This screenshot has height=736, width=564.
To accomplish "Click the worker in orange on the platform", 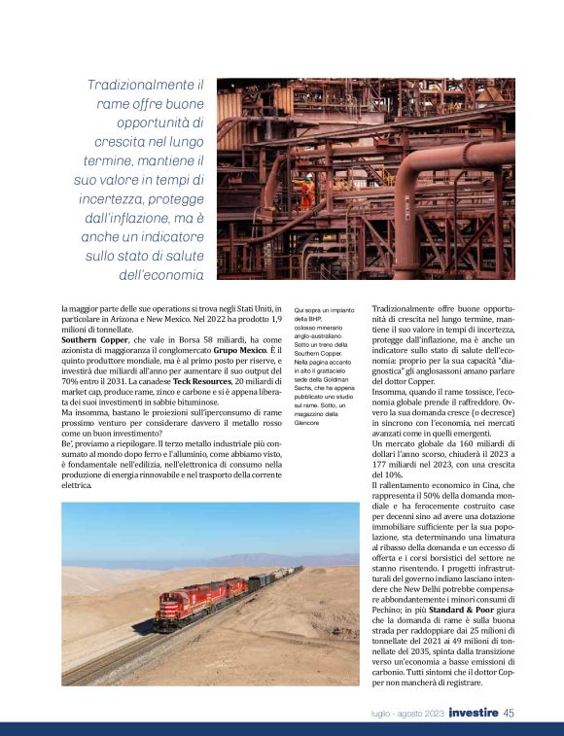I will tap(308, 190).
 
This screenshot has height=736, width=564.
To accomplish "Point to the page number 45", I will tap(509, 714).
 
